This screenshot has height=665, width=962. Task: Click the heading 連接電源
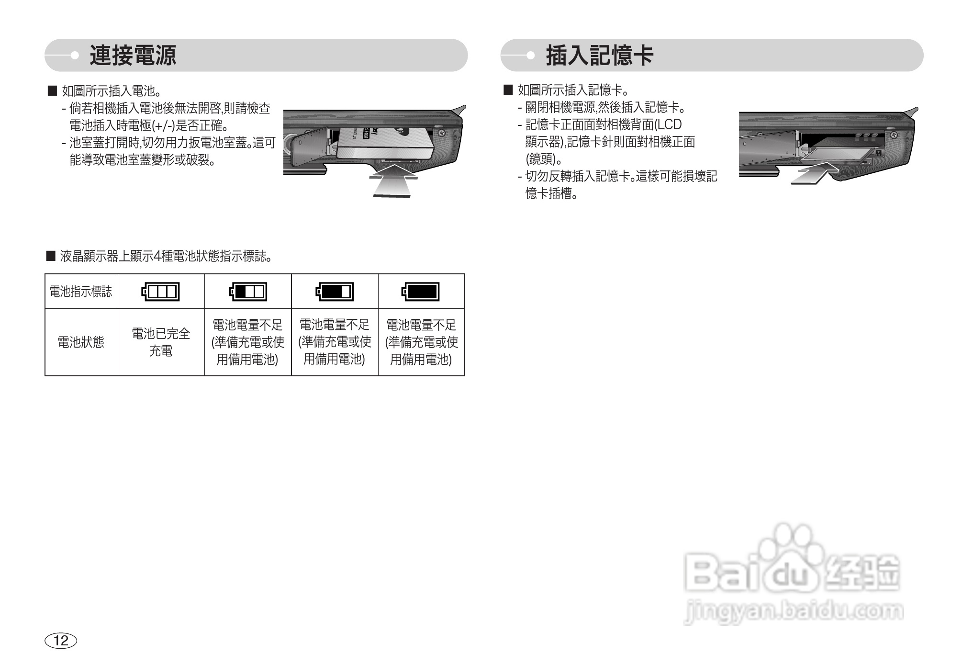click(x=133, y=56)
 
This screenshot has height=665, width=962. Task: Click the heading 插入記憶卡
click(x=600, y=56)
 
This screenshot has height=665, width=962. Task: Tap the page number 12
click(x=61, y=641)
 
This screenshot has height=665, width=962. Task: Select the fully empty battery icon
click(x=161, y=292)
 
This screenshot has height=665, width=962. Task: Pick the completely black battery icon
click(x=421, y=292)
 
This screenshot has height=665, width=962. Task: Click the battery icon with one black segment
click(x=247, y=292)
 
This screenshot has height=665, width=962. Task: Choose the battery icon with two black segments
click(x=334, y=292)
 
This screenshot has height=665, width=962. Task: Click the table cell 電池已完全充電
click(x=161, y=342)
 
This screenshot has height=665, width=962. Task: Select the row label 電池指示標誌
click(x=81, y=292)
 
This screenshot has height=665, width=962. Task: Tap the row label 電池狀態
click(x=81, y=342)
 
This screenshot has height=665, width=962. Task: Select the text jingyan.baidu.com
click(x=794, y=611)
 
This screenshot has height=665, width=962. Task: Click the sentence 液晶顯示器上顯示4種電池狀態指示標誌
click(x=165, y=257)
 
